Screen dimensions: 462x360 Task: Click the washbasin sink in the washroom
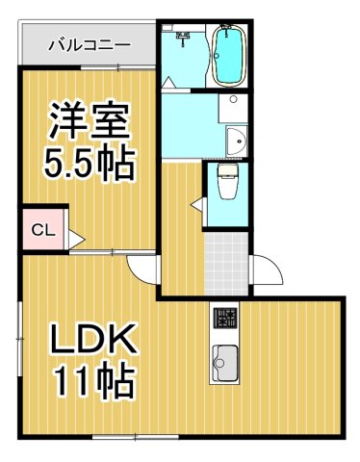234,143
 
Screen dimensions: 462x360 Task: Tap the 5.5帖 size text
88,163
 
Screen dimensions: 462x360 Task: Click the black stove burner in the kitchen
224,318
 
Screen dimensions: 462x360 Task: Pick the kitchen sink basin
225,364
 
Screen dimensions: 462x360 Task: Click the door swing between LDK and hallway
144,269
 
